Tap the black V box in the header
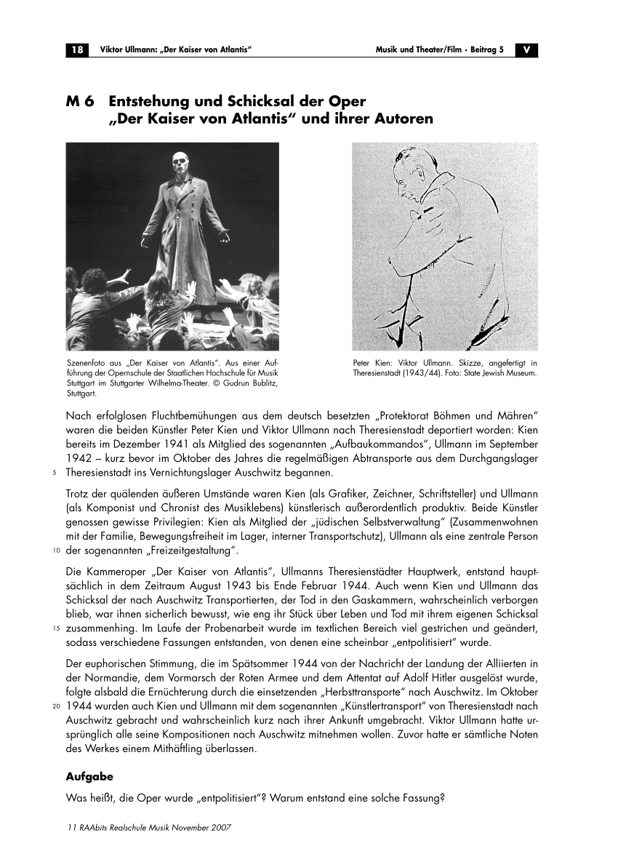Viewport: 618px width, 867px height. click(x=526, y=49)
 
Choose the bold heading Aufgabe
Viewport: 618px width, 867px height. click(x=89, y=777)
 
